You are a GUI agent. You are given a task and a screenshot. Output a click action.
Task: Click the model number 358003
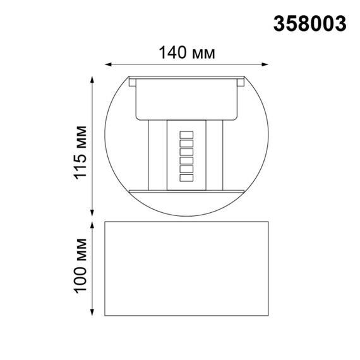(x=309, y=23)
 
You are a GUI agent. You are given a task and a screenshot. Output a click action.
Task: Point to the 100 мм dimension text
(x=80, y=266)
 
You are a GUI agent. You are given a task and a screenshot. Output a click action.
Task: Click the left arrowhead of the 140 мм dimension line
(x=108, y=64)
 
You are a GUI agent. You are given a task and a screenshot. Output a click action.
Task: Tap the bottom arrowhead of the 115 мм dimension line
(x=93, y=212)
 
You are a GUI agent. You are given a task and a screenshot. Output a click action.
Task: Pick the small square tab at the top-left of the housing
(x=132, y=81)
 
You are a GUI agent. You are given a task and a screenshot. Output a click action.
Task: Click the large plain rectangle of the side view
(x=187, y=268)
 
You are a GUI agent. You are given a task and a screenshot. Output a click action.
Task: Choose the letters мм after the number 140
(x=204, y=54)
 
